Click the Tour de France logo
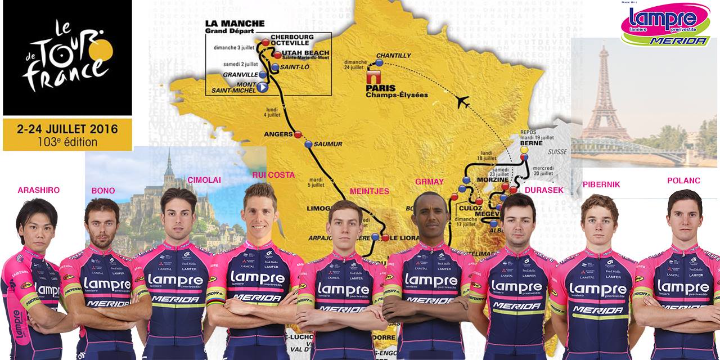[67, 57]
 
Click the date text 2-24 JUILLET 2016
[67, 129]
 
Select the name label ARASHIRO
[38, 190]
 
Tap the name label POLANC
[683, 180]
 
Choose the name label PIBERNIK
[601, 184]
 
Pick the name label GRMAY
[429, 182]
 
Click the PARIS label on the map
[381, 88]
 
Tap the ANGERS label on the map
[278, 134]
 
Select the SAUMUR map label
[327, 144]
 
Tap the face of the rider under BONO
[103, 224]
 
